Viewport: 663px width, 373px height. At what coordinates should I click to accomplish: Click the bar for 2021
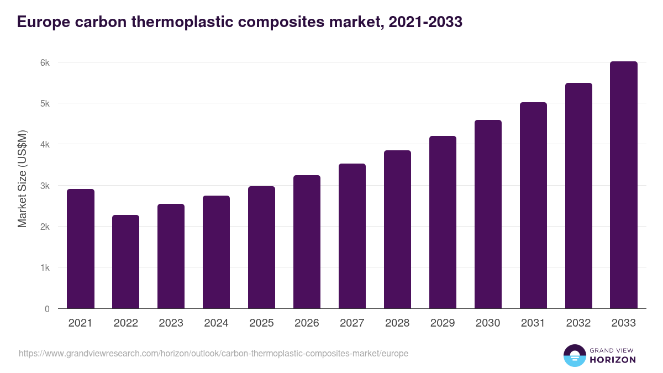click(x=81, y=249)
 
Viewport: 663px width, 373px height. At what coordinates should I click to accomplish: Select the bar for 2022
click(x=126, y=262)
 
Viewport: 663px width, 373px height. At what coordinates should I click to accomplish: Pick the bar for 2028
click(x=398, y=229)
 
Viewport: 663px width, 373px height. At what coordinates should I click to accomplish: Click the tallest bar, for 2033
click(x=624, y=185)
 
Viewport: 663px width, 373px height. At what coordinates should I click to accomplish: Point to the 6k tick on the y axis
click(x=45, y=62)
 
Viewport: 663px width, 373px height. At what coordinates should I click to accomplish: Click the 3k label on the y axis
click(x=45, y=186)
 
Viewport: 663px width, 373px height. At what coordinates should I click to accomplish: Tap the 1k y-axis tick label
click(x=45, y=268)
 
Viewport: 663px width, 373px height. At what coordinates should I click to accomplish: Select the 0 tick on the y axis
click(x=47, y=309)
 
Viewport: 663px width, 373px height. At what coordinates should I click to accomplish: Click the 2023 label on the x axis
click(x=171, y=323)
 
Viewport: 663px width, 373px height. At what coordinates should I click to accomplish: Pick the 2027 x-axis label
click(x=352, y=323)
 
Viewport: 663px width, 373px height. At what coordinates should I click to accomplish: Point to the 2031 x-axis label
click(x=534, y=323)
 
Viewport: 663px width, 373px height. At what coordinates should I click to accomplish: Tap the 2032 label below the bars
click(x=579, y=323)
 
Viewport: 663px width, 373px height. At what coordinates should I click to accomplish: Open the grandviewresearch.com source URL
click(x=213, y=353)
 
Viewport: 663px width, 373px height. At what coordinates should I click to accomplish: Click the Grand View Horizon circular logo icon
click(x=575, y=355)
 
